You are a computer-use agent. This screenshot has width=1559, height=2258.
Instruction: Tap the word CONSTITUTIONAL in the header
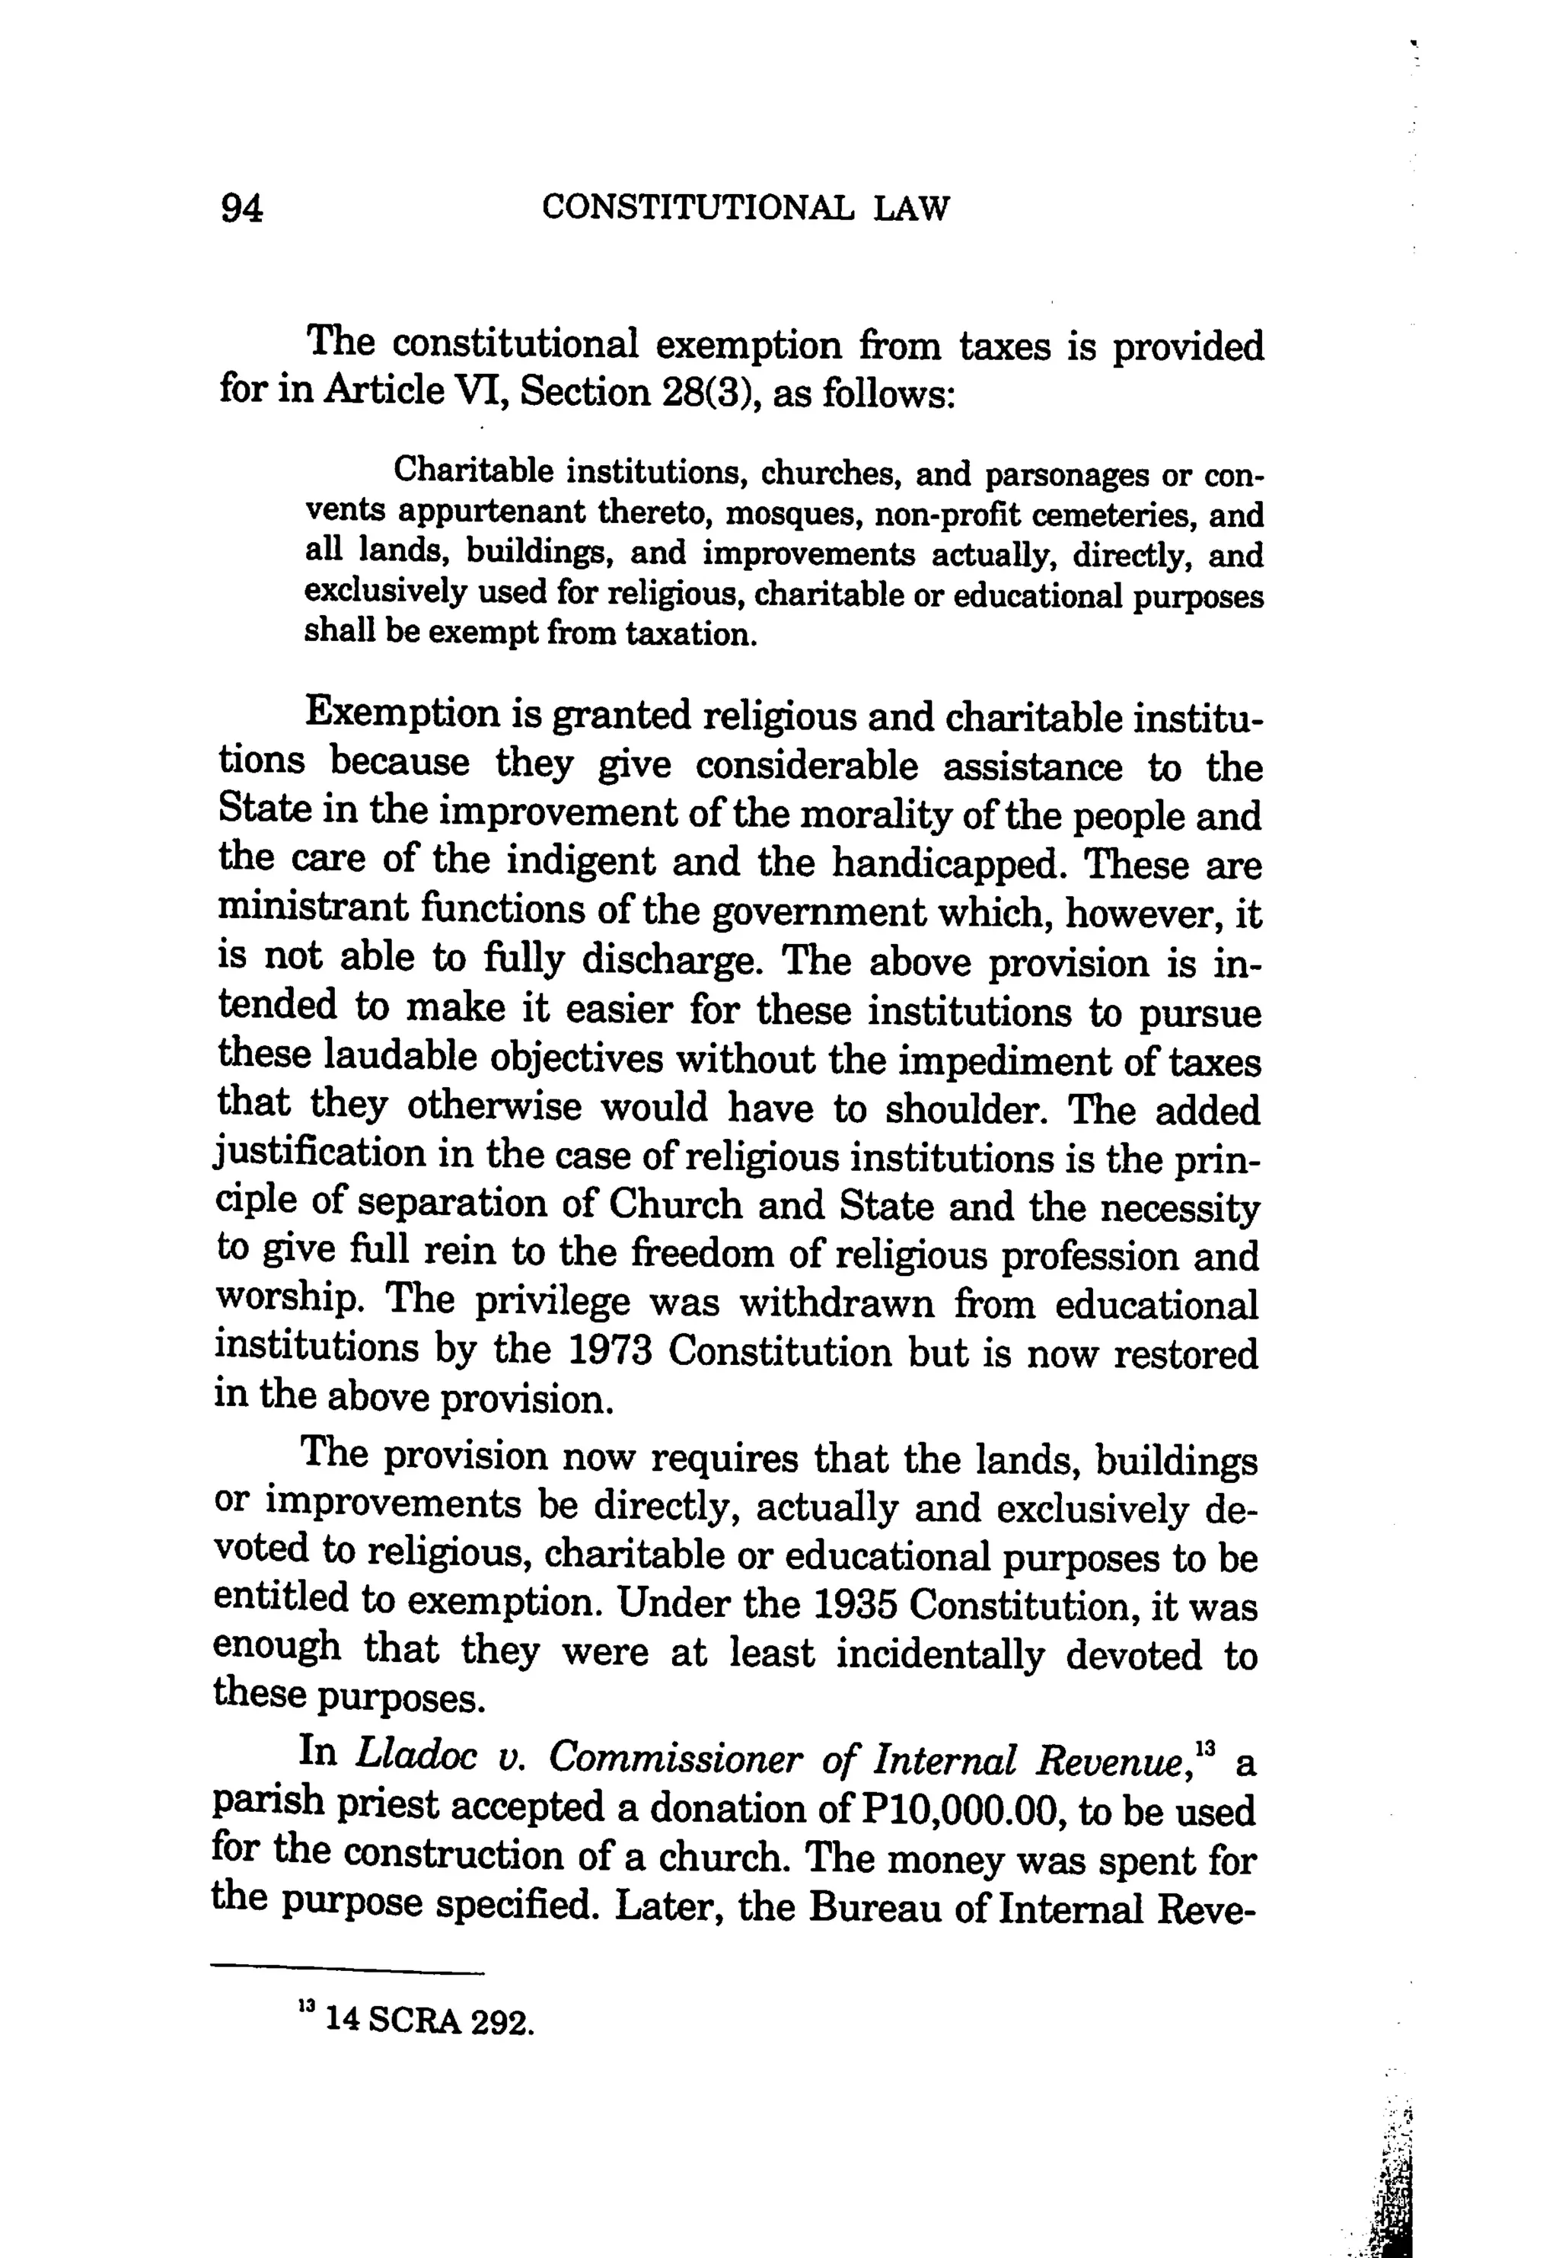[697, 208]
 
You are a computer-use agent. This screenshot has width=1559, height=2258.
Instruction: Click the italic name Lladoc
[417, 1755]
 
